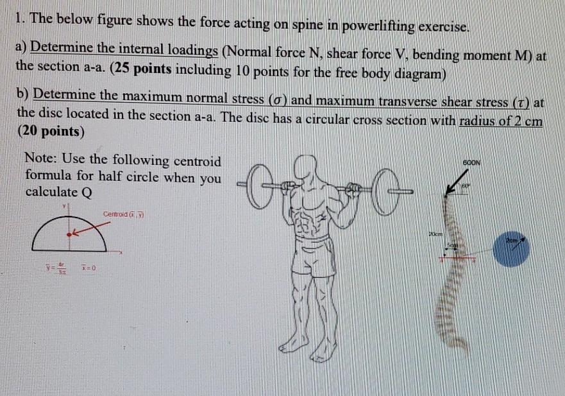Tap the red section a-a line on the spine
click(x=457, y=259)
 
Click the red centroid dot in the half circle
click(x=70, y=236)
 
